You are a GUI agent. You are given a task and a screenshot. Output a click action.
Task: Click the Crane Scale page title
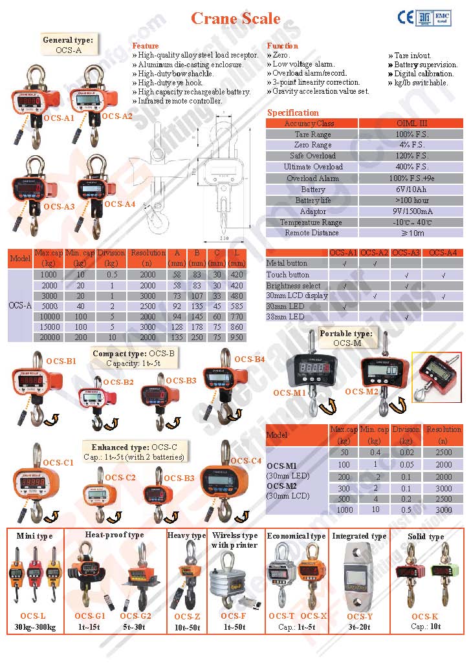click(235, 18)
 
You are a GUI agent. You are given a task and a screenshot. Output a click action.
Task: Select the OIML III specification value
click(411, 123)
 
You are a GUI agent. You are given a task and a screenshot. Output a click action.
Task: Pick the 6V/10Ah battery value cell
click(411, 189)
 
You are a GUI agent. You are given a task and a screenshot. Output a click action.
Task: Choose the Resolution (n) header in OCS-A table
click(148, 258)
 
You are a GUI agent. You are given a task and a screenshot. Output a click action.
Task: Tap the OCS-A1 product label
click(59, 118)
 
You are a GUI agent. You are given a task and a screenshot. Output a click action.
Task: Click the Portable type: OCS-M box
click(346, 338)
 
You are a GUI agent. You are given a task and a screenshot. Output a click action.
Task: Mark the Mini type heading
click(34, 535)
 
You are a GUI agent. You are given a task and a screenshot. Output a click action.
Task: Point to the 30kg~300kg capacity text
click(34, 627)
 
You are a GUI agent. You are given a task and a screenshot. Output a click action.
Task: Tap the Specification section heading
click(292, 113)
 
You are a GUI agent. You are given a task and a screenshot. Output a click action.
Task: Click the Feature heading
click(145, 46)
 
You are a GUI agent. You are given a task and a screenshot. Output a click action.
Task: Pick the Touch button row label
click(288, 274)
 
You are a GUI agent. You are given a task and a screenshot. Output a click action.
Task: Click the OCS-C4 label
click(246, 461)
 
